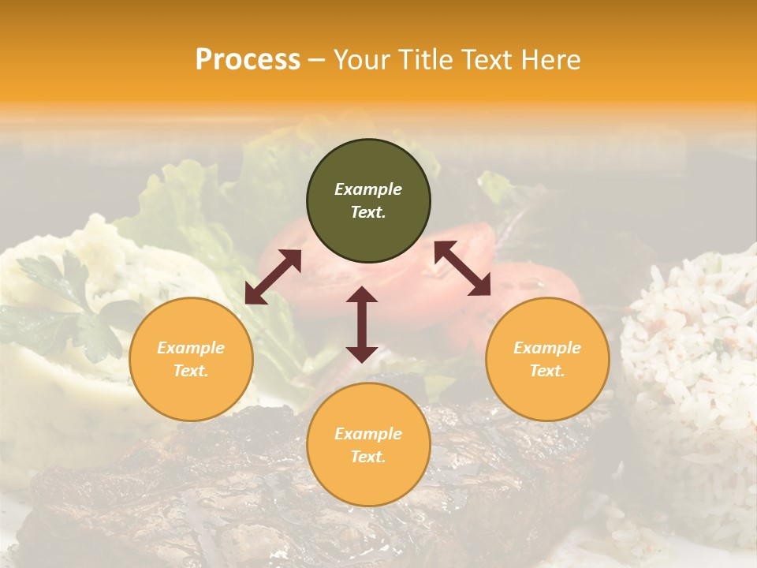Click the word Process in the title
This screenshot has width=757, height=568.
(248, 60)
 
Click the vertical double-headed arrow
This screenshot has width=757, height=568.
(362, 324)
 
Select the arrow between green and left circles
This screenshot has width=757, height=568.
(273, 277)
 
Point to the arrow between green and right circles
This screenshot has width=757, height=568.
(462, 268)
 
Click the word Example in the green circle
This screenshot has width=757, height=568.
(368, 189)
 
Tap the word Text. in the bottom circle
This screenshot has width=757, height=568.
(368, 457)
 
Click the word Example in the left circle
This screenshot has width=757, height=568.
(191, 348)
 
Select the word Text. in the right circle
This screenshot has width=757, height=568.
(547, 371)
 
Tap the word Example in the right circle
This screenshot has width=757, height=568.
(547, 348)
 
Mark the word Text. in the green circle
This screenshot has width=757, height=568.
(368, 212)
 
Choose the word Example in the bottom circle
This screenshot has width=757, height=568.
(368, 434)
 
